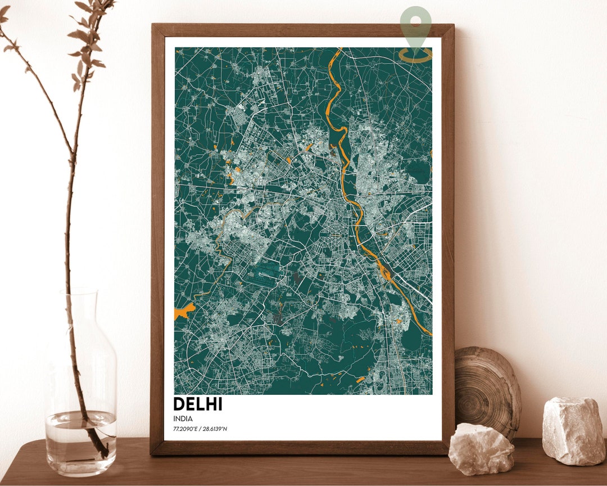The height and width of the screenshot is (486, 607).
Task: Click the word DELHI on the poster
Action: pyautogui.click(x=198, y=404)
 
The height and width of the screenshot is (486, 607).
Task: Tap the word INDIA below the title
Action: pyautogui.click(x=183, y=418)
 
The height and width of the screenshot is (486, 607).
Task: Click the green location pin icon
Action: pyautogui.click(x=416, y=25)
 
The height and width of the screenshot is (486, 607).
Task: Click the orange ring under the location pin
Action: pyautogui.click(x=416, y=55)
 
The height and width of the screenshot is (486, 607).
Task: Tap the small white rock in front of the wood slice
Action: pyautogui.click(x=481, y=449)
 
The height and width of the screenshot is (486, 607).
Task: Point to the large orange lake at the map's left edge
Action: pyautogui.click(x=184, y=310)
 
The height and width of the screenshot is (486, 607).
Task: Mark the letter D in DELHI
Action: pyautogui.click(x=179, y=404)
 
